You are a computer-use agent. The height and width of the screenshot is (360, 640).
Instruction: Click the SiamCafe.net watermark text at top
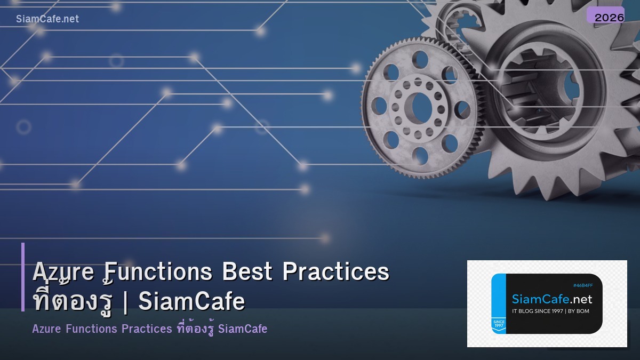click(47, 19)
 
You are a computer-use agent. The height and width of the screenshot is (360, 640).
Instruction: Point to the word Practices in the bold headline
click(335, 272)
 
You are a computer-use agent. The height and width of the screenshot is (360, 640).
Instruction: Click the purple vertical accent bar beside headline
click(23, 277)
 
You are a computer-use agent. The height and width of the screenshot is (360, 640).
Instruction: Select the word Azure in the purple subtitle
click(46, 329)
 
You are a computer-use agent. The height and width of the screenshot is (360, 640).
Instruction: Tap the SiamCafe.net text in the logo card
click(552, 299)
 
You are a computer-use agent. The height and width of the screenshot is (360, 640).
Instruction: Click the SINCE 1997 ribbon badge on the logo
click(499, 324)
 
